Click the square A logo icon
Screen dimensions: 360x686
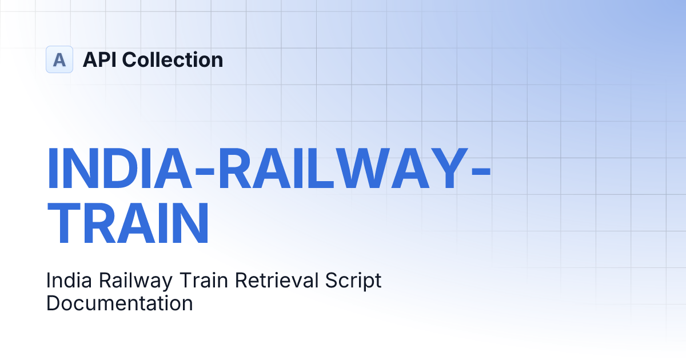(x=59, y=59)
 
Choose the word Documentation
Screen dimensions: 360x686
(x=119, y=302)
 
